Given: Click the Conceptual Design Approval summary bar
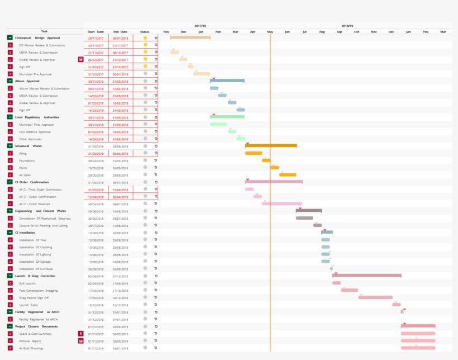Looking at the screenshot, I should pos(190,37).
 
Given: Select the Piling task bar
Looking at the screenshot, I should pos(254,153).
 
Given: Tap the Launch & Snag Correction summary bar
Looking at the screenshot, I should pos(366,276).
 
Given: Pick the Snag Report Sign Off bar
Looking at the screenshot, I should pos(375,297).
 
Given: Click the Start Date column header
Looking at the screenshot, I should pos(96,31).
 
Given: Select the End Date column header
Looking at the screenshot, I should pos(120,31).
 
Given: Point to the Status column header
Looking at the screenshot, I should pos(145,31).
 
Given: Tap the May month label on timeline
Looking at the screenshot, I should pos(270,31).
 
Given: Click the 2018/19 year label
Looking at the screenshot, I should pos(347,26).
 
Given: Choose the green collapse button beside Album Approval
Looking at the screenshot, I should pos(10,81).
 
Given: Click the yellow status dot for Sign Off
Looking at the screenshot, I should pos(145,67).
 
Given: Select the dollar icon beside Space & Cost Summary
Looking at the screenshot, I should pos(80,334).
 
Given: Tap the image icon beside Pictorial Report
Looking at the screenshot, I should pos(80,341).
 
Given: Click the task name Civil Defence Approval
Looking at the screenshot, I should pos(35,132).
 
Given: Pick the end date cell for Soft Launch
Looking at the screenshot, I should pos(120,283).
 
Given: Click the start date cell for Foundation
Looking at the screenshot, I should pos(96,160).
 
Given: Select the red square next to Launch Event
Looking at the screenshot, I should pos(10,305).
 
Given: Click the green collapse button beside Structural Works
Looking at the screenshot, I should pos(10,146).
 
